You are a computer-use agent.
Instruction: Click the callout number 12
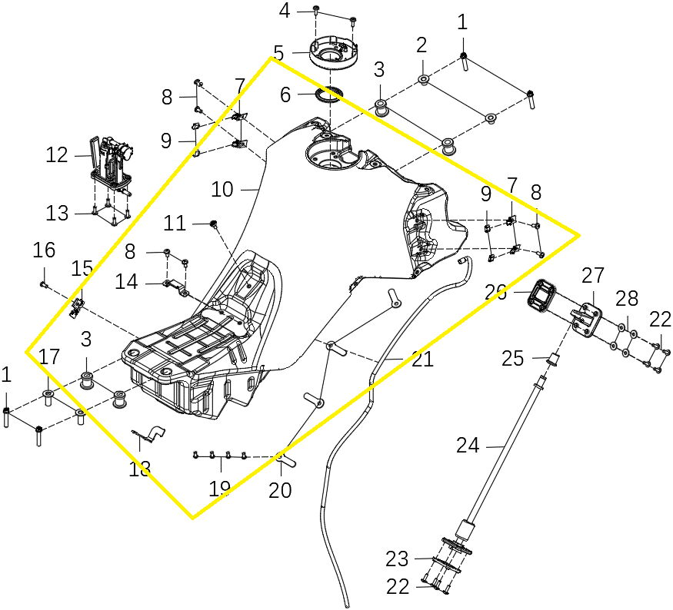(57, 155)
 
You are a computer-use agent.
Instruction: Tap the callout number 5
(278, 54)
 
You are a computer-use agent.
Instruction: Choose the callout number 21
(422, 359)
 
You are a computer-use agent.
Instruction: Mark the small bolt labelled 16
(45, 284)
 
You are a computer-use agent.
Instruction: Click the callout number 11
(175, 224)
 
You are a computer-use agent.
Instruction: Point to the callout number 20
(280, 489)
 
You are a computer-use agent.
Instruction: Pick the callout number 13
(57, 213)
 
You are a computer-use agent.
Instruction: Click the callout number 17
(49, 356)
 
